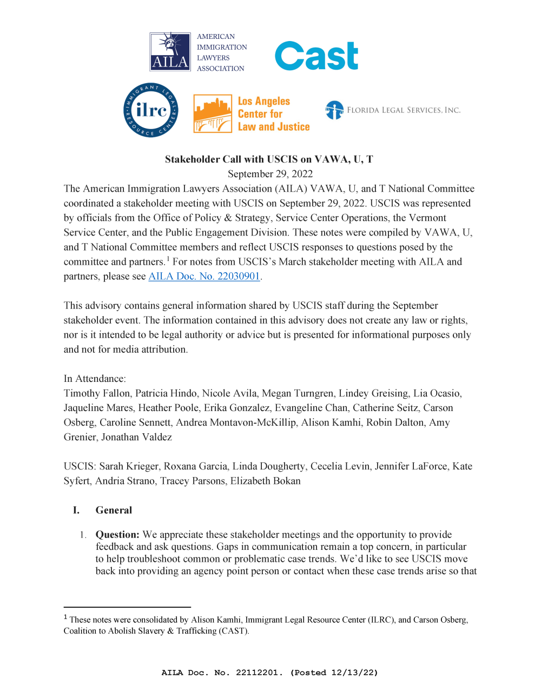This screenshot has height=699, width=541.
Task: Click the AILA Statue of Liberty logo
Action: coord(170,52)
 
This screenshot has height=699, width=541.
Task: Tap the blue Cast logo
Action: coord(316,56)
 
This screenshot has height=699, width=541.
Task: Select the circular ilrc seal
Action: coord(151,110)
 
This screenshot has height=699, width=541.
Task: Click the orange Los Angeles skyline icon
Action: coord(213,113)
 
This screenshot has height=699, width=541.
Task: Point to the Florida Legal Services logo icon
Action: coord(334,110)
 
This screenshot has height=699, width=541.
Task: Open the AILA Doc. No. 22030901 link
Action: coord(204,276)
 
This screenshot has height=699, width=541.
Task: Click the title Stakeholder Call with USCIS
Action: coord(269,159)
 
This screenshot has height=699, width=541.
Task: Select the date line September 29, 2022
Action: coord(270,173)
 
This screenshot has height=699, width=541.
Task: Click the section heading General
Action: coord(114,510)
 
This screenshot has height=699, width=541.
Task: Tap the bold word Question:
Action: coord(117,534)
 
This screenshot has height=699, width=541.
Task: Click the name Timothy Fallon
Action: coord(97,393)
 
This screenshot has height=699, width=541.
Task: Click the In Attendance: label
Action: coord(95,379)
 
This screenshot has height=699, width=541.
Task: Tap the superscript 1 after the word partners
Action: coord(168,259)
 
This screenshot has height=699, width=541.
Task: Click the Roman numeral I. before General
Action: coord(76,510)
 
